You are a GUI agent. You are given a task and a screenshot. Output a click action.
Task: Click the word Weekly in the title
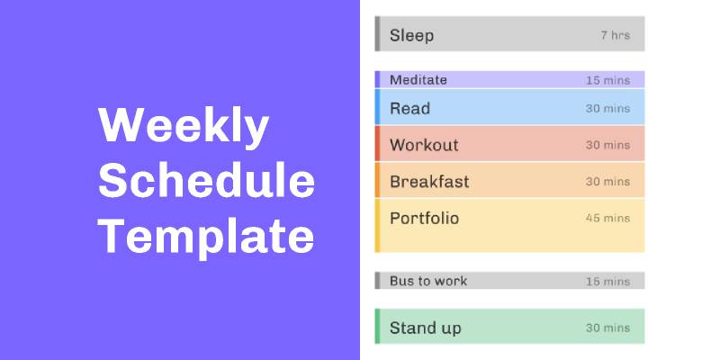tap(183, 127)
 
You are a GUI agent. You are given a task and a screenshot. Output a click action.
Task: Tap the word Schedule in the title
tap(206, 183)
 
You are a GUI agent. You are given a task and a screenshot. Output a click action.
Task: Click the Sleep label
tap(411, 36)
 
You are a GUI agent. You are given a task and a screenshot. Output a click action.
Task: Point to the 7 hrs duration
tap(615, 36)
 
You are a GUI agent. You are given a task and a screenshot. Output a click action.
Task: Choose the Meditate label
tap(418, 80)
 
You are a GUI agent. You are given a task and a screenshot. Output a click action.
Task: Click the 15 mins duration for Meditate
tap(607, 80)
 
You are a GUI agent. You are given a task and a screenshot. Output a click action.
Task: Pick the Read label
tap(409, 108)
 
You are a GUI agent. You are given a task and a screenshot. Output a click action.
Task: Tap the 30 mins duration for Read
tap(607, 109)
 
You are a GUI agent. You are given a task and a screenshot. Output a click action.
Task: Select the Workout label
tap(423, 145)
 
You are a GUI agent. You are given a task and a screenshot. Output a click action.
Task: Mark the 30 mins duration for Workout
tap(607, 145)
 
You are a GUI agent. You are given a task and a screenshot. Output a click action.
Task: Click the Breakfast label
tap(429, 182)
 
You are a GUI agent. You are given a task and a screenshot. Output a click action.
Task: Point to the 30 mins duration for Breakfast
tap(607, 182)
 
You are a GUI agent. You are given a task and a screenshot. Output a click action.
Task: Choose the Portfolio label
tap(424, 218)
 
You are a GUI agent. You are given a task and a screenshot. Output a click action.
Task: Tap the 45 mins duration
tap(607, 219)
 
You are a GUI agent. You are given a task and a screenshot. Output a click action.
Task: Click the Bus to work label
tap(427, 281)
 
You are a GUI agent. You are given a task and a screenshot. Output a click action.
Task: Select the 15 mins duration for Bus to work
tap(607, 282)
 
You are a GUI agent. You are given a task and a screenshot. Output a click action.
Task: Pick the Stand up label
tap(425, 328)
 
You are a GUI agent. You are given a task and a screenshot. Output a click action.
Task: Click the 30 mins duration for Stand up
tap(607, 328)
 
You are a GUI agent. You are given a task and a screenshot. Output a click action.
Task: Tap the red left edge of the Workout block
tap(377, 144)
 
